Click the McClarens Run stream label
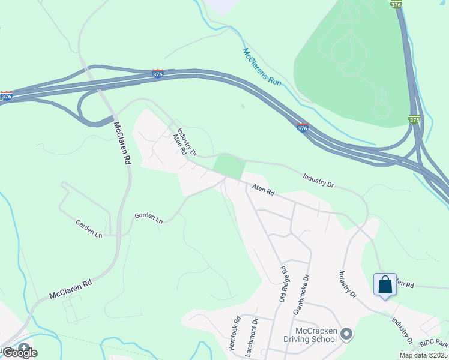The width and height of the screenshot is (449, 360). pos(262,66)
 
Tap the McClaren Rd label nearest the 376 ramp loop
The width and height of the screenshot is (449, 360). pos(122,143)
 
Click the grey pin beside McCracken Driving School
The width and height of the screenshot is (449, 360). pos(346,334)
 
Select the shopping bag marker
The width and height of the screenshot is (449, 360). pos(385,284)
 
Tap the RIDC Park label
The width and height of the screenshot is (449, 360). pos(434,343)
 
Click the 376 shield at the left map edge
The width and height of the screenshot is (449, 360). pos(7,95)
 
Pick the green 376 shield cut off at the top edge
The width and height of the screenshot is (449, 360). pos(396,4)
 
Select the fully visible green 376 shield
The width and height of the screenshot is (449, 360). pos(414,119)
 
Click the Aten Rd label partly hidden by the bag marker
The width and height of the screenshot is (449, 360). pos(404,285)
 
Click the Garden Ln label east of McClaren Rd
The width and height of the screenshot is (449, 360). pos(148,216)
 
